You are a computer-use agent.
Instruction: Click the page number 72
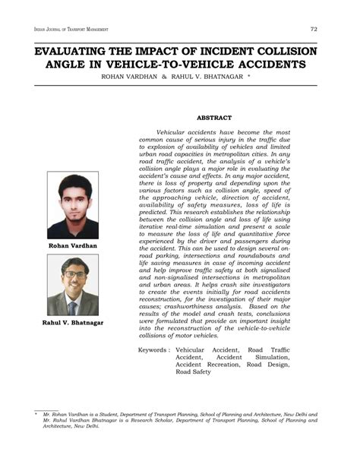(x=313, y=29)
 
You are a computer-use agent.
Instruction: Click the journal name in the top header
(x=71, y=30)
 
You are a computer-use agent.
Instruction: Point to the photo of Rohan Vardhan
(x=72, y=205)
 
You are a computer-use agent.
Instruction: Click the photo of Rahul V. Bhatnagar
(x=72, y=285)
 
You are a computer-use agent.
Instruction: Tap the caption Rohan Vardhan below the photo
(x=72, y=246)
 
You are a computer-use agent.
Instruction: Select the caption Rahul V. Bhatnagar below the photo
(x=72, y=324)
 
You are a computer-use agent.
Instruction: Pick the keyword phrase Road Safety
(x=193, y=372)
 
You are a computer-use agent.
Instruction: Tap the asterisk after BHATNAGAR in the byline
(x=248, y=77)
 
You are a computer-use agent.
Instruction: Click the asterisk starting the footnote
(x=36, y=414)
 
